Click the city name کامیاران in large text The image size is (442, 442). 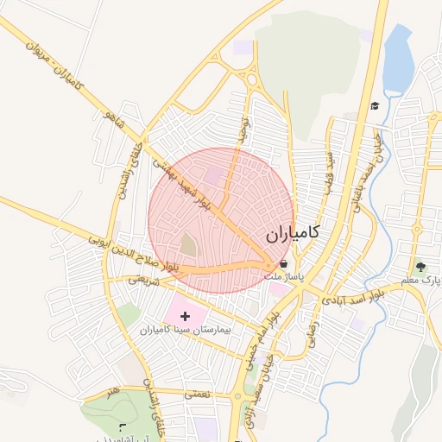pos(292,233)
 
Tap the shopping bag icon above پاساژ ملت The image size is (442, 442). pos(283,264)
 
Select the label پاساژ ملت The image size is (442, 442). pos(284,277)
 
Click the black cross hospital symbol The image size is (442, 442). pos(186,317)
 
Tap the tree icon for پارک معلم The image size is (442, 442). pos(421,268)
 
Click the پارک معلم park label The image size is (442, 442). pos(420,281)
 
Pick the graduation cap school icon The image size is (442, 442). pos(375,106)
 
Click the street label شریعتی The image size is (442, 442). pos(146,280)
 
